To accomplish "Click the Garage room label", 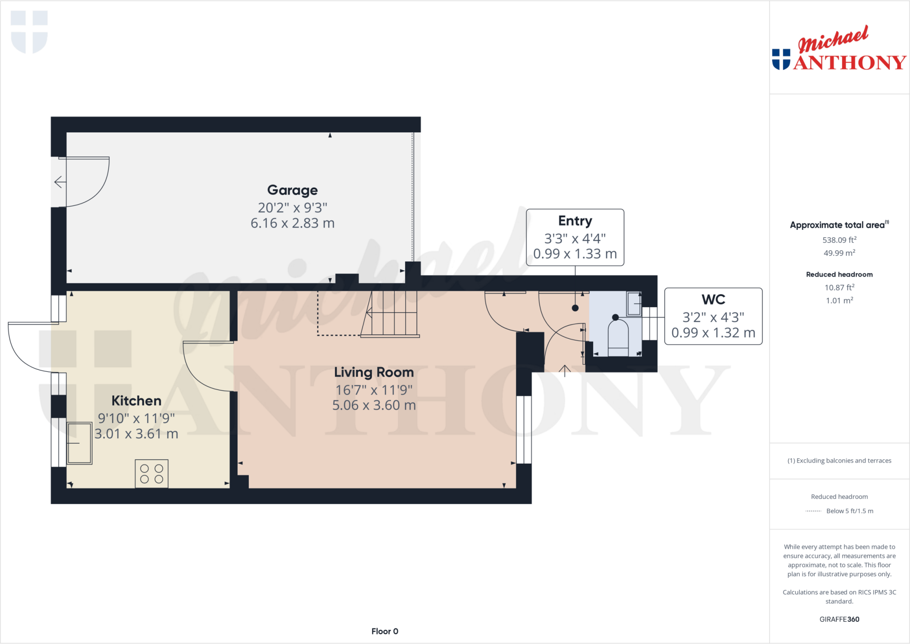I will (292, 190).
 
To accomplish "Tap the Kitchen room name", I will (136, 400).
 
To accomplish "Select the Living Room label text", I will (374, 372).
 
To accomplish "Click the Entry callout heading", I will (575, 221).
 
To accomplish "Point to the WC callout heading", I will (713, 300).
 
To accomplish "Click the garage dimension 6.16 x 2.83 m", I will (292, 223).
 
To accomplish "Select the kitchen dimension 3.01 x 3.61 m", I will (136, 434).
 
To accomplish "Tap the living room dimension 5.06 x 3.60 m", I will (374, 405).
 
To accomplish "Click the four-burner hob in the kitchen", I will (152, 474).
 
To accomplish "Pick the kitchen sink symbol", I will (80, 443).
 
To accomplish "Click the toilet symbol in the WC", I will (618, 338).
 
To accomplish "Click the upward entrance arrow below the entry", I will (564, 370).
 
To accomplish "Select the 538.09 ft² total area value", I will (839, 240).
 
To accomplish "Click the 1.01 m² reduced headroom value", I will (839, 301).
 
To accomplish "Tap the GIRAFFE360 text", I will (839, 619).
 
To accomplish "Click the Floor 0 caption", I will (385, 631).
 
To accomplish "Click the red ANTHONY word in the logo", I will (849, 63).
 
